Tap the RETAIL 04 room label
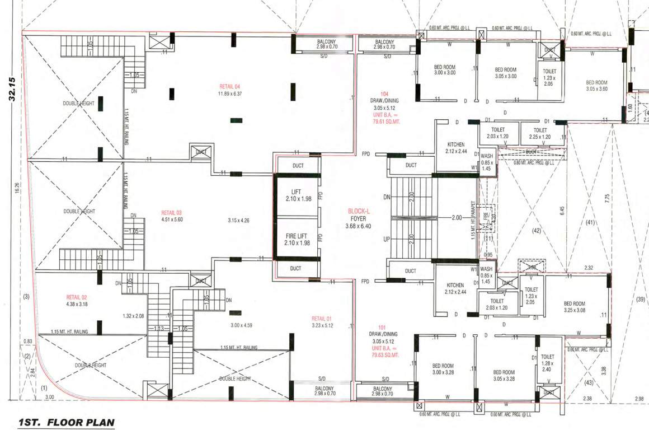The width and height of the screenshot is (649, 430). (229, 90)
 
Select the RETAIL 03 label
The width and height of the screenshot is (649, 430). (172, 216)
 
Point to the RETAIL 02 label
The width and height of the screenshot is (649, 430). (77, 301)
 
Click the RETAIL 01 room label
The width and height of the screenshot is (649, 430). (322, 322)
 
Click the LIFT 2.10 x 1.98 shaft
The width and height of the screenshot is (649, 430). (296, 195)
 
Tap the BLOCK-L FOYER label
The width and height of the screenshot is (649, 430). (359, 219)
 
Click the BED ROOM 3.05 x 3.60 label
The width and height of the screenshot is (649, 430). (596, 86)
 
